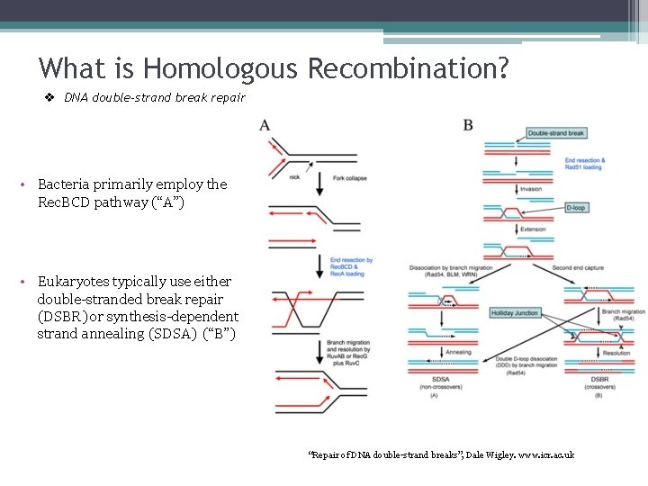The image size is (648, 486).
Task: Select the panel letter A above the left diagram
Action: pyautogui.click(x=265, y=124)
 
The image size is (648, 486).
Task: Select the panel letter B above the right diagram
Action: pyautogui.click(x=468, y=124)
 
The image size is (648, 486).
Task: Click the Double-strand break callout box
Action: pyautogui.click(x=556, y=133)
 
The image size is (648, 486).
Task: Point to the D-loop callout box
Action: pyautogui.click(x=576, y=208)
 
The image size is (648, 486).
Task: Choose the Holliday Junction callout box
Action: pyautogui.click(x=515, y=313)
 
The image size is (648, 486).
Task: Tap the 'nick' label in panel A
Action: pyautogui.click(x=294, y=177)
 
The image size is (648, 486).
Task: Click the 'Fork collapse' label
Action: pyautogui.click(x=349, y=178)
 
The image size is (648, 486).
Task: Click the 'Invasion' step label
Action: pyautogui.click(x=531, y=189)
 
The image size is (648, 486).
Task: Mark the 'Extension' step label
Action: pyautogui.click(x=533, y=229)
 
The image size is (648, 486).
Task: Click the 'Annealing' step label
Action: pyautogui.click(x=458, y=352)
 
